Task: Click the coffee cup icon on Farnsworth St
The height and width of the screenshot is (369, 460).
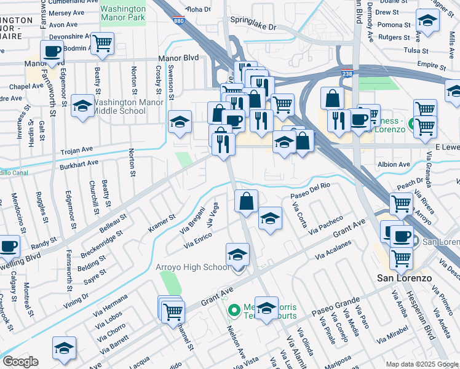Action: click(52, 52)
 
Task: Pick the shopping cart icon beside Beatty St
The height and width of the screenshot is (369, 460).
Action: click(102, 44)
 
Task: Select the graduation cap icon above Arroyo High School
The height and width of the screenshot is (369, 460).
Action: click(238, 254)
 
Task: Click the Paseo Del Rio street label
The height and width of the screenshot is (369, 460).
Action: click(311, 196)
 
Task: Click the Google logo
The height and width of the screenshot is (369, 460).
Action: click(20, 362)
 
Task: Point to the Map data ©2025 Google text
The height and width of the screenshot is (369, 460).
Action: click(421, 364)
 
